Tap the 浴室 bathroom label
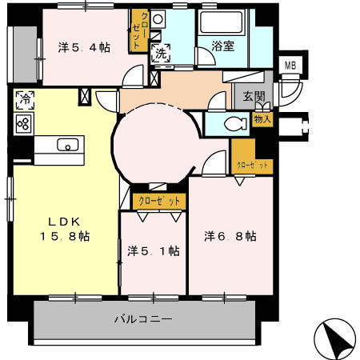click(x=222, y=46)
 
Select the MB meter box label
click(x=289, y=66)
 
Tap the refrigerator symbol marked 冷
click(x=23, y=102)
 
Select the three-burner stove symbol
click(x=23, y=123)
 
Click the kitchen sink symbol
click(x=68, y=145)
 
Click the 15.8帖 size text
click(x=64, y=237)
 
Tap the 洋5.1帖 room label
click(x=153, y=251)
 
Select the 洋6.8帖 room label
click(x=230, y=237)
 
